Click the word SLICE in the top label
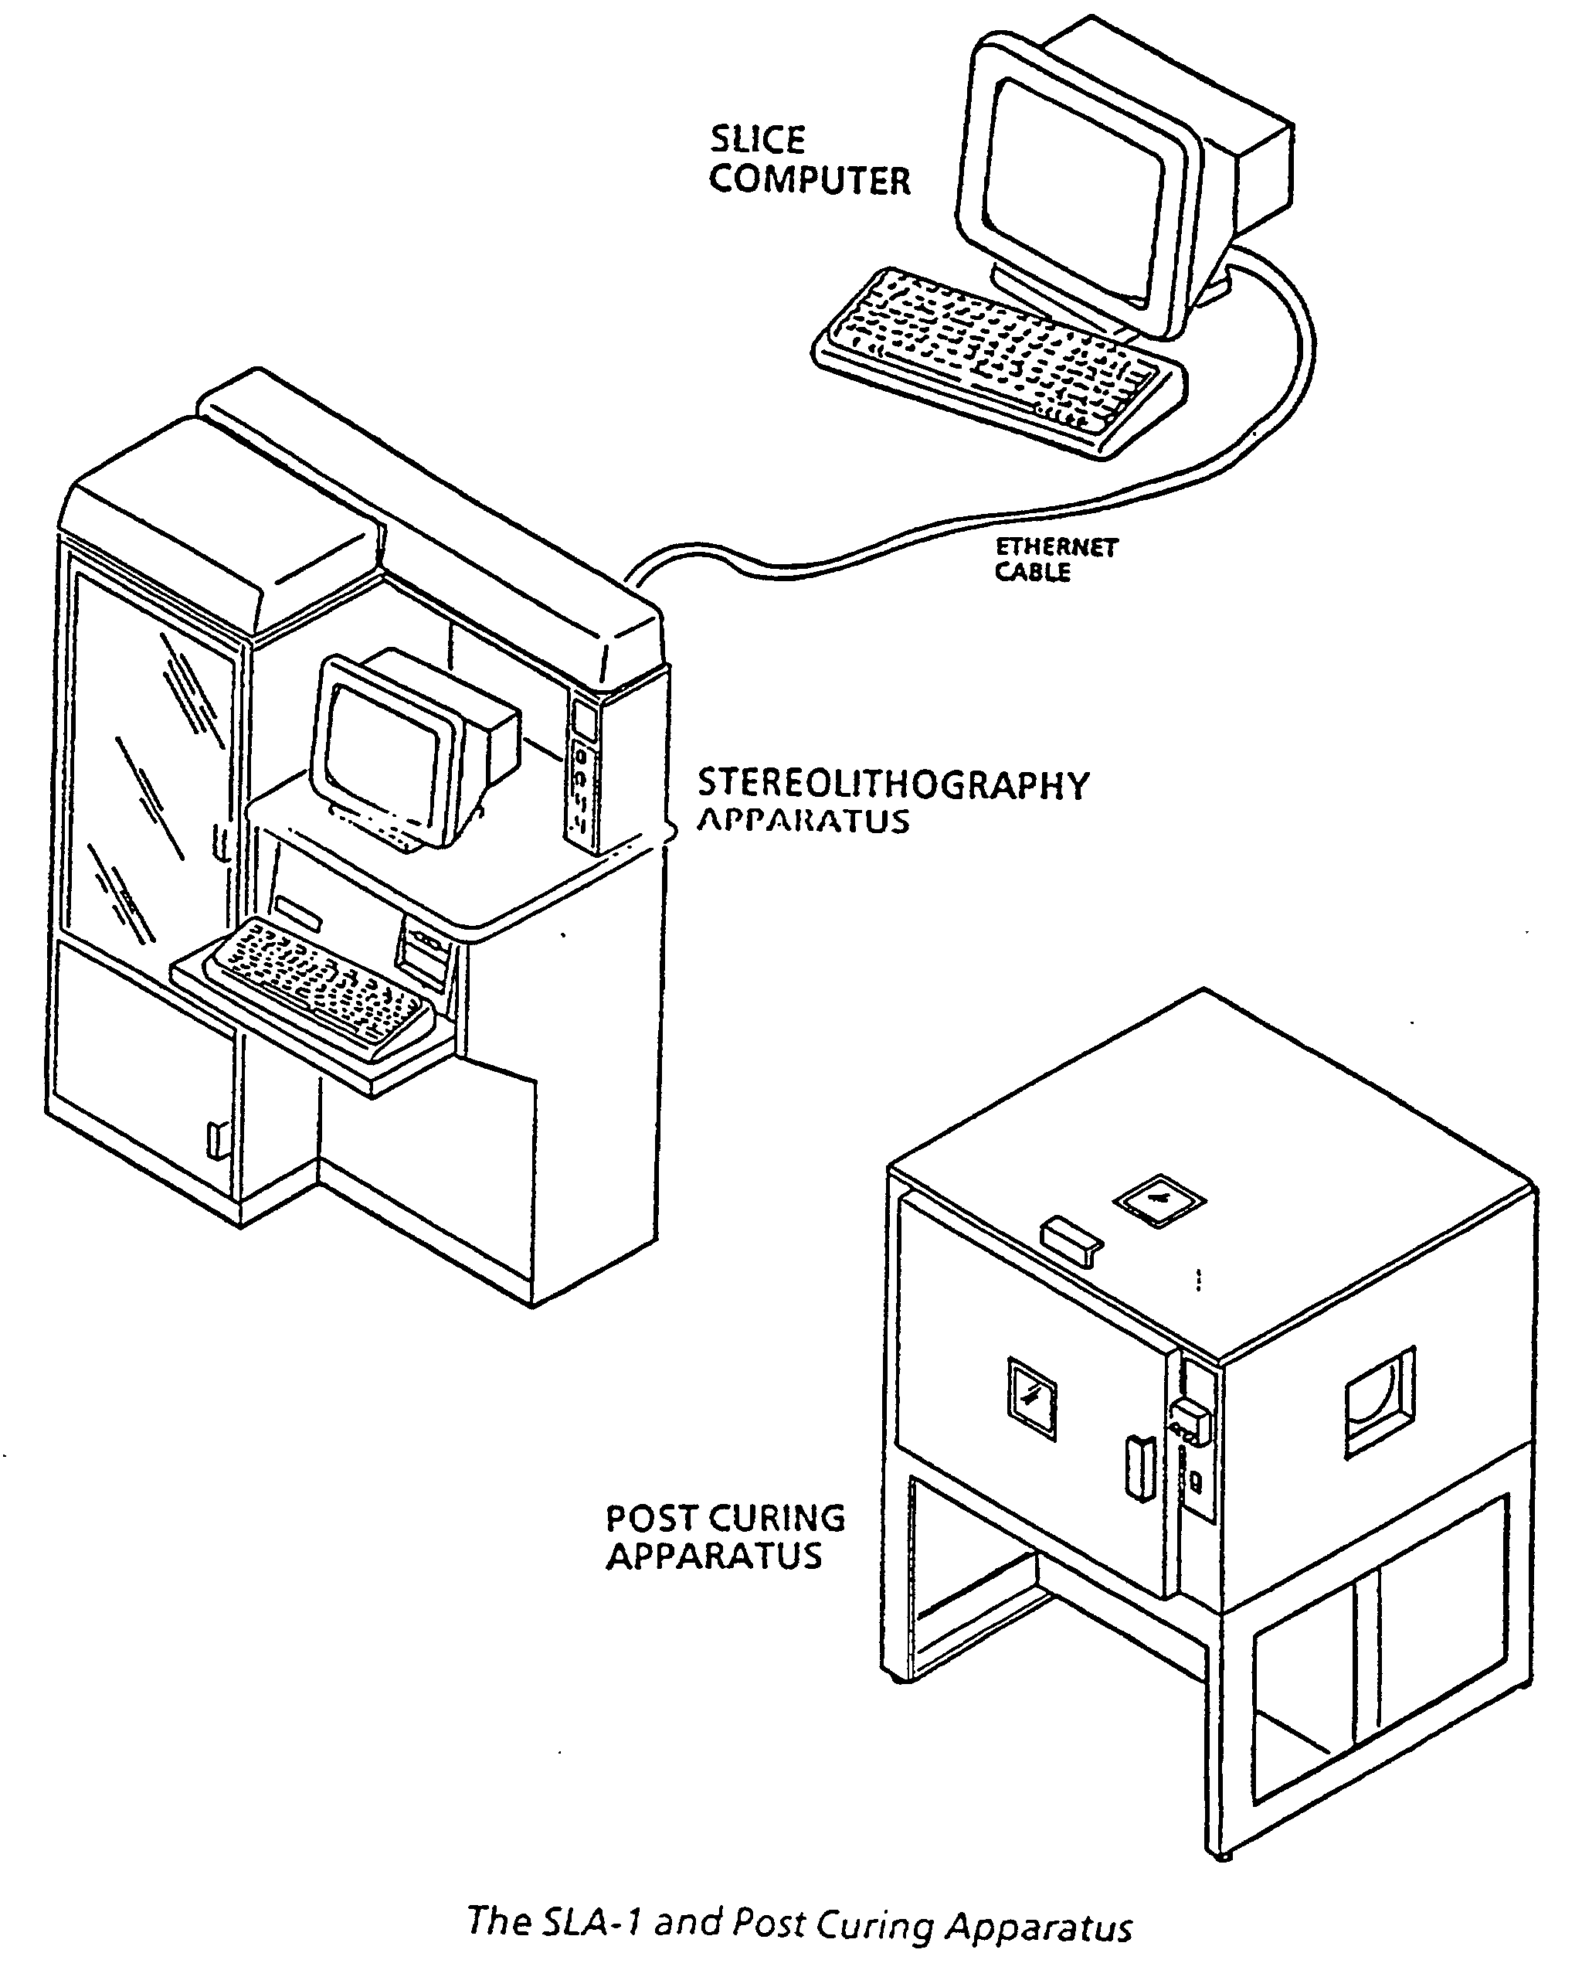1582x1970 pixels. pos(757,140)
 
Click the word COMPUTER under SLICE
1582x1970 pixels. pos(810,180)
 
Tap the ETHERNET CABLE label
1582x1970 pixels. pos(1056,560)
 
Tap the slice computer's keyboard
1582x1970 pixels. pos(1000,362)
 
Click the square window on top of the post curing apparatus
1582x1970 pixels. pos(1158,1199)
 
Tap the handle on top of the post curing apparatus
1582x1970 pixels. pos(1071,1240)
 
